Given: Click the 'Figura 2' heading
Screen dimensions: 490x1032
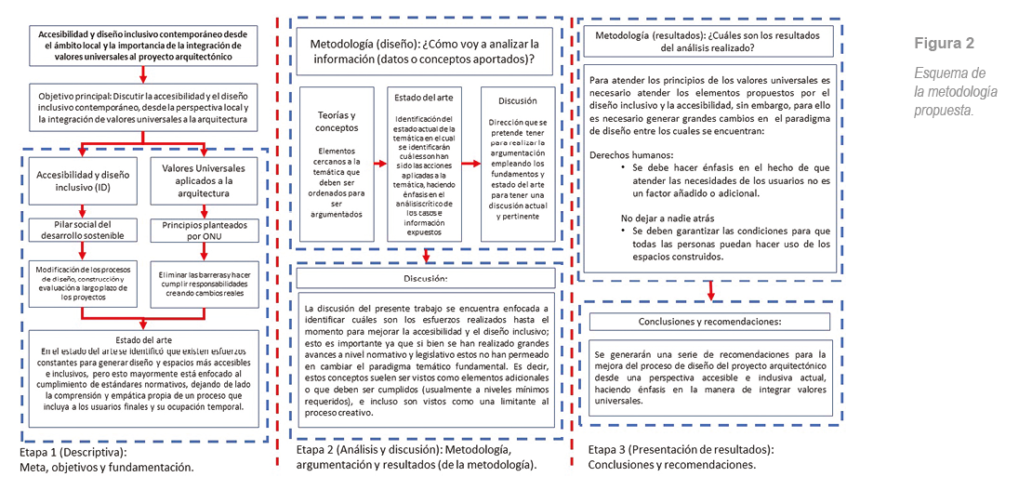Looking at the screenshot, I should (943, 44).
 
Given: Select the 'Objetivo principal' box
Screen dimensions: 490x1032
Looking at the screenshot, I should (142, 108).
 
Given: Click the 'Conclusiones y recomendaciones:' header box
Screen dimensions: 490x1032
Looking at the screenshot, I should (709, 321).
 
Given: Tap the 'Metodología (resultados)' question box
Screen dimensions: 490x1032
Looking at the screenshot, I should (709, 42).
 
